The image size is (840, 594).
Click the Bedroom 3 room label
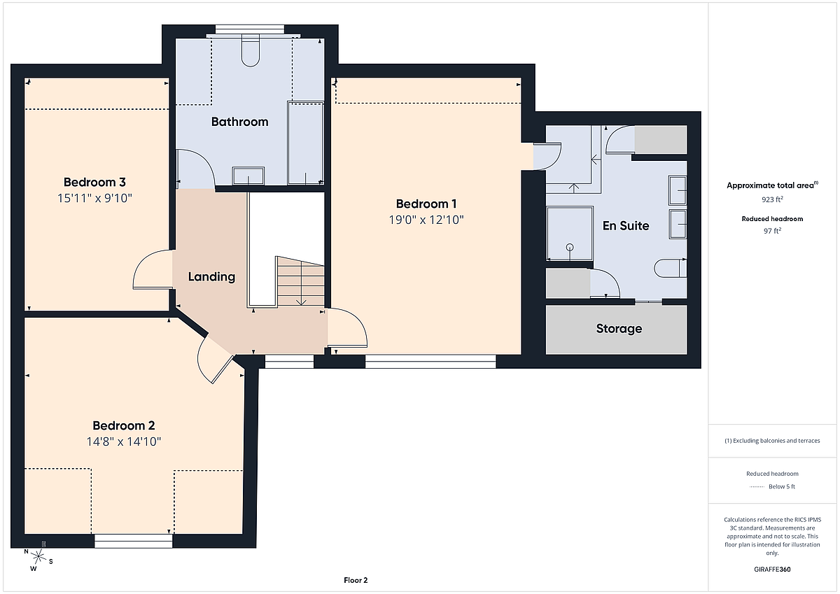(x=94, y=182)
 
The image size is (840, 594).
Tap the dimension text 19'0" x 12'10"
(x=426, y=220)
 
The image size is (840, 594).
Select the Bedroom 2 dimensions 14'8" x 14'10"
(x=124, y=441)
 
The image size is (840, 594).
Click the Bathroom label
(x=239, y=122)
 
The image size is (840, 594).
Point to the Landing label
(x=211, y=276)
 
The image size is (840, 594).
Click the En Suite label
(x=626, y=225)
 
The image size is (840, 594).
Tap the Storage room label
(x=619, y=328)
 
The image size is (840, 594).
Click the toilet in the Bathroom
(x=251, y=50)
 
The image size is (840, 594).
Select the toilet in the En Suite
(x=671, y=269)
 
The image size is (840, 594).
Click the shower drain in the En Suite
(x=570, y=248)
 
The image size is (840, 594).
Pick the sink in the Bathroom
(x=248, y=176)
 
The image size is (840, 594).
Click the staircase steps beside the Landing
(x=300, y=281)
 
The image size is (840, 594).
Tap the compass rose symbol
(x=38, y=557)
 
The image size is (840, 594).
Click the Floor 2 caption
(x=356, y=580)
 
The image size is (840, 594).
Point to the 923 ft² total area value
(x=772, y=199)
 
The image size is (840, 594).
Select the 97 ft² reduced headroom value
(x=772, y=230)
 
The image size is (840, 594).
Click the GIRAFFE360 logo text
(x=772, y=570)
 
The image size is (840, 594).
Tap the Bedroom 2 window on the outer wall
(x=133, y=541)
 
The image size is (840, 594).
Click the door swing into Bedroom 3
(x=153, y=269)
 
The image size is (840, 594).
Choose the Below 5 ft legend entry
(x=772, y=486)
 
